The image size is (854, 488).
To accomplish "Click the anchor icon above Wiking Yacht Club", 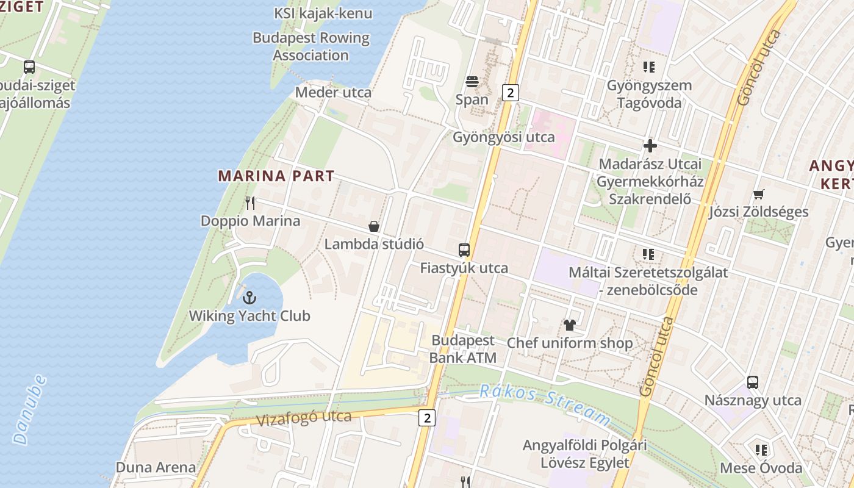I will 249,298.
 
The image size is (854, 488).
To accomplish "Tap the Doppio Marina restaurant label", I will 250,220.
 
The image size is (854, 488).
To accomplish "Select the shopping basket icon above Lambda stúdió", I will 374,226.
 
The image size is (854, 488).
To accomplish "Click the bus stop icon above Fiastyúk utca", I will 464,249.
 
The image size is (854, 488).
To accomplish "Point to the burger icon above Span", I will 472,81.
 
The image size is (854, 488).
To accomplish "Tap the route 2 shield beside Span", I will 511,92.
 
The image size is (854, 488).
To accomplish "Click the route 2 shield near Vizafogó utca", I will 428,418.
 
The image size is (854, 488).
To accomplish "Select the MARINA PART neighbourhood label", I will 276,176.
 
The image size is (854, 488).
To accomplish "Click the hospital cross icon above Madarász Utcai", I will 650,146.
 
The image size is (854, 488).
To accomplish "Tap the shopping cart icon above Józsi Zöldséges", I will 758,194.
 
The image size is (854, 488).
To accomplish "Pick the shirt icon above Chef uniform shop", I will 570,325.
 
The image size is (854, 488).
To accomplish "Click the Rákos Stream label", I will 544,404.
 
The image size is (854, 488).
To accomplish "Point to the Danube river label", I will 29,409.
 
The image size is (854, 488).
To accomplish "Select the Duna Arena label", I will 156,468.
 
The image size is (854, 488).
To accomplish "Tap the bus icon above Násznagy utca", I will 753,382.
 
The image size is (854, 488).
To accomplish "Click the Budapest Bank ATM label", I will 463,349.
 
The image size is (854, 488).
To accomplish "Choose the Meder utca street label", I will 333,93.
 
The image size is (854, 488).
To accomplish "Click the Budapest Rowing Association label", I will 311,46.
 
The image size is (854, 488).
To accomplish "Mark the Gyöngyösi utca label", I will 504,137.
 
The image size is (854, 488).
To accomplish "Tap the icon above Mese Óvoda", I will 761,450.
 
